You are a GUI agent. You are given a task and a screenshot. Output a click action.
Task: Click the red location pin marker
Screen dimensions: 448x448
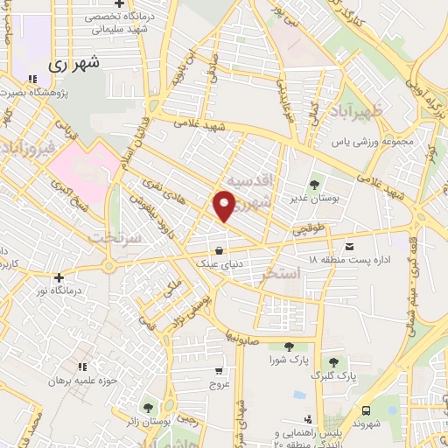pos(224,206)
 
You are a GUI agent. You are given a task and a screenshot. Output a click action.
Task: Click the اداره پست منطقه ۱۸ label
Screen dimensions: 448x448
pos(381,261)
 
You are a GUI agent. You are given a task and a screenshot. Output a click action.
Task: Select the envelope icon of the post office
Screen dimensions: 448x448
pos(350,246)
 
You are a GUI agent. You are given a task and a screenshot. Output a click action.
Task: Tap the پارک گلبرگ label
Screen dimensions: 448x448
pos(333,376)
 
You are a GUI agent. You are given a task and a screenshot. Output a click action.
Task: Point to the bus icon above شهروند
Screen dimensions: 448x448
pos(365,409)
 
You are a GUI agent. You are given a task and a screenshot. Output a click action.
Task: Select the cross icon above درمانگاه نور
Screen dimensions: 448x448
pos(59,276)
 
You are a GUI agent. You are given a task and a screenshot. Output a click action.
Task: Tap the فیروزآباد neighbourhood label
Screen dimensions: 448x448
pos(27,146)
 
